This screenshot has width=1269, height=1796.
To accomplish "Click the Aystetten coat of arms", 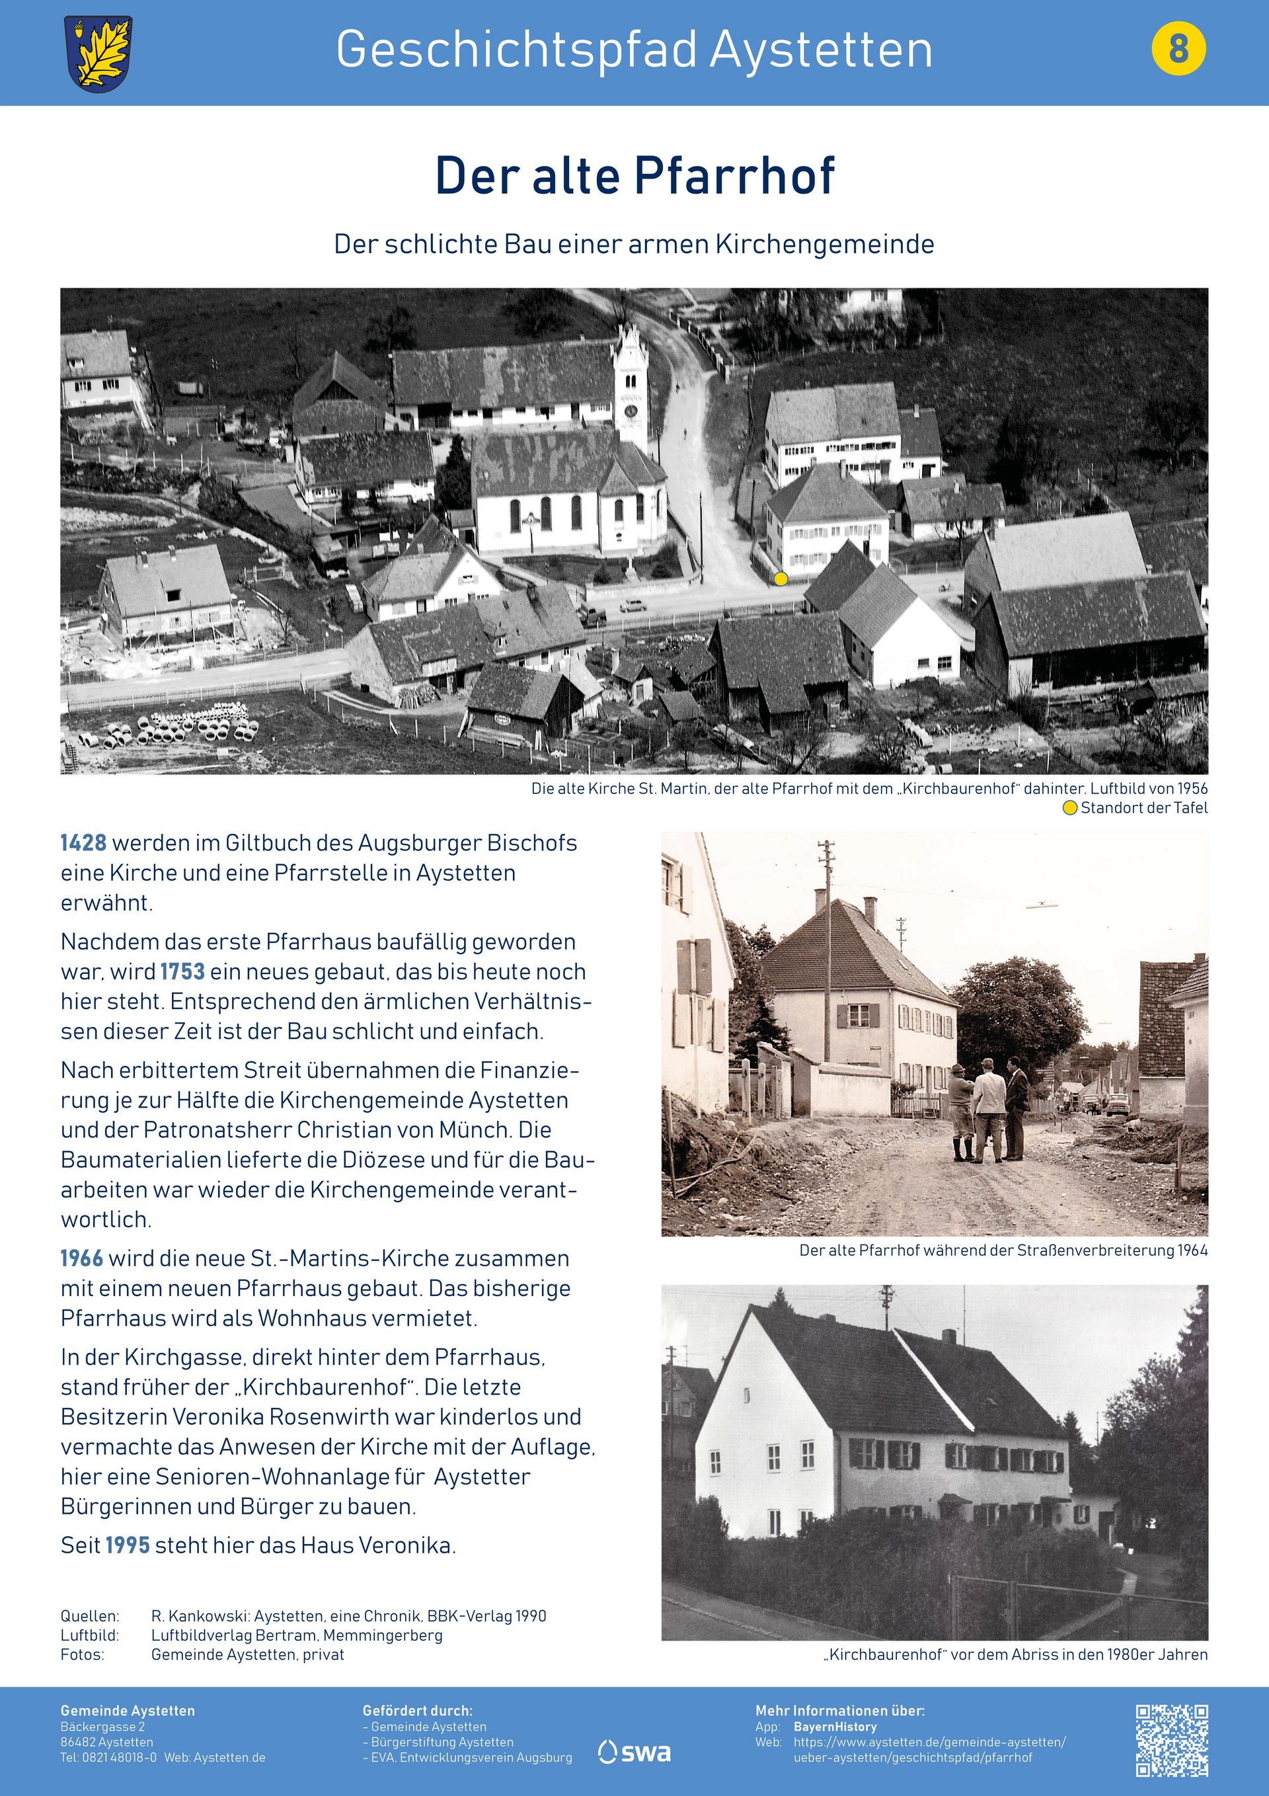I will point(98,53).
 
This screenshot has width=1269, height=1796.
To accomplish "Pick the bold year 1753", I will point(182,971).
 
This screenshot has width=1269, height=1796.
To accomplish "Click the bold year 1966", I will point(82,1258).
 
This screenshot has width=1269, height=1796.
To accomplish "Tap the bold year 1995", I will point(128,1545).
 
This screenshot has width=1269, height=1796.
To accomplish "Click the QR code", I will point(1171,1740).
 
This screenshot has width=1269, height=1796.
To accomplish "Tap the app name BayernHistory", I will point(835,1727).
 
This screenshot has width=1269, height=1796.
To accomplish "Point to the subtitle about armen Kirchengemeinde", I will point(634,244).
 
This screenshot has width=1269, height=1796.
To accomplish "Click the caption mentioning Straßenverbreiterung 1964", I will point(1003,1250).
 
